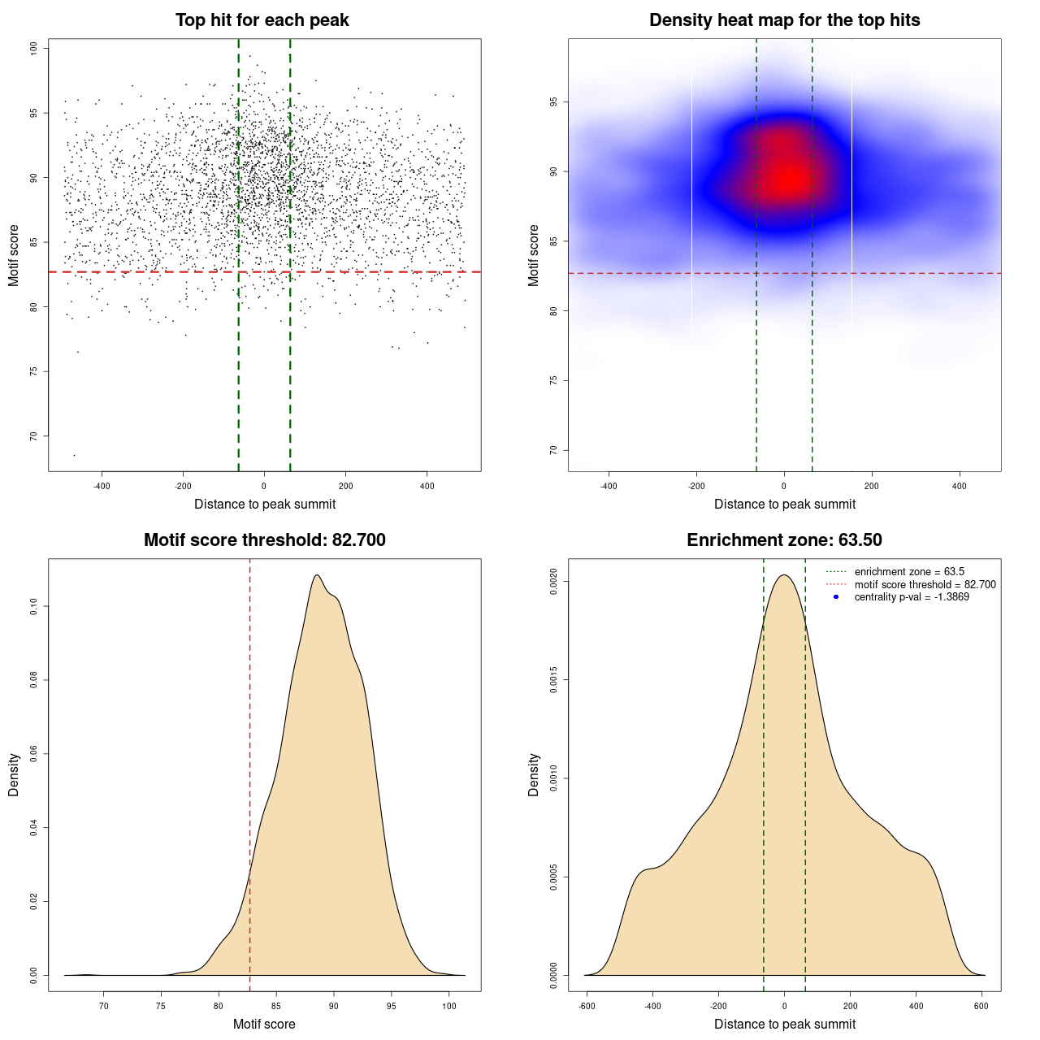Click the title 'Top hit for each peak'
[262, 20]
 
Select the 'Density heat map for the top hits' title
[784, 20]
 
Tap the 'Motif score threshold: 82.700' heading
[264, 540]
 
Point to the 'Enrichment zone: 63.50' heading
[784, 540]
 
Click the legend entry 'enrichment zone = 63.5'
[909, 572]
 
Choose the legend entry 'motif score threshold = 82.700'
[925, 584]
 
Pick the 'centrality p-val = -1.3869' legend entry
[912, 597]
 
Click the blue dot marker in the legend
[836, 597]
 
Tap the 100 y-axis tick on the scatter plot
[34, 49]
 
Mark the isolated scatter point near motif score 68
[74, 455]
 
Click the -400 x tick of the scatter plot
[102, 487]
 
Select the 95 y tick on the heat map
[554, 102]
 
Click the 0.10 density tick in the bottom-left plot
[34, 606]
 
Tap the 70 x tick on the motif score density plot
[103, 1007]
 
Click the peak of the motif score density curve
[316, 575]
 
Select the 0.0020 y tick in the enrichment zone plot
[554, 582]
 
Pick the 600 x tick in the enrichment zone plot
[981, 1007]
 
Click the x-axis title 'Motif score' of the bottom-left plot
[264, 1024]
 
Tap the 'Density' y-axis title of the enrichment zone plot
[534, 774]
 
